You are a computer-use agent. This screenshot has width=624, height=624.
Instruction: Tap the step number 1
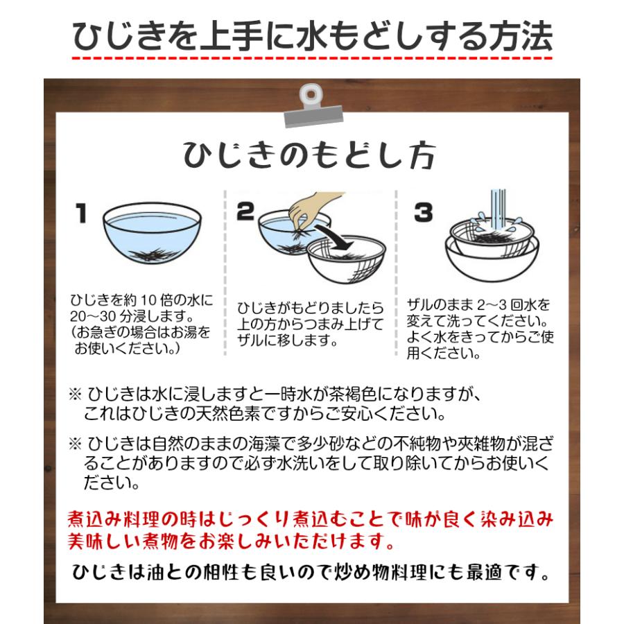[81, 213]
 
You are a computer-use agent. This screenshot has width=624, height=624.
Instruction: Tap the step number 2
[245, 212]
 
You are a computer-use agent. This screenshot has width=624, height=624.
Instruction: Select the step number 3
[423, 212]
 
